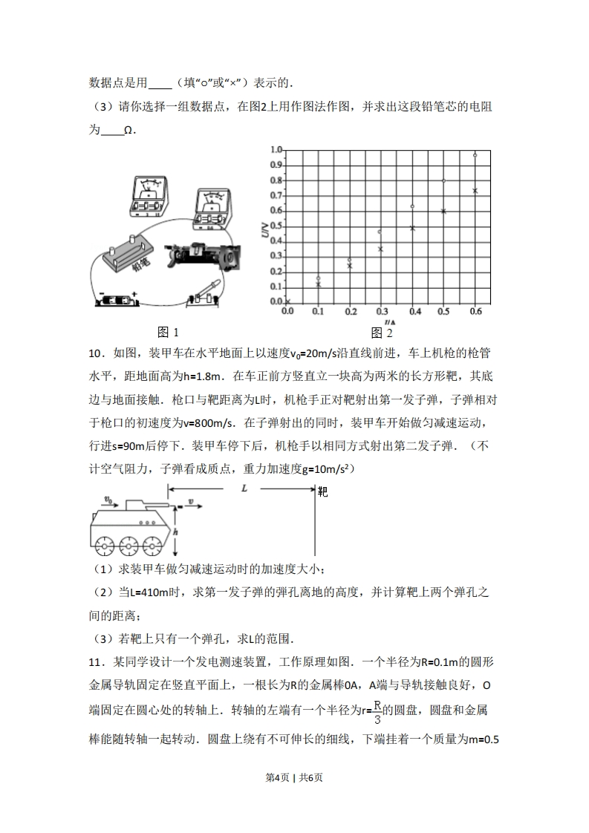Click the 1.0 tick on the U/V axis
point(276,150)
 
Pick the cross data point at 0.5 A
point(443,212)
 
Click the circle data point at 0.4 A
point(412,206)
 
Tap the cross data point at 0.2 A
point(350,266)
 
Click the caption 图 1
point(168,332)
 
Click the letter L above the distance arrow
point(244,488)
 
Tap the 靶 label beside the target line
point(322,491)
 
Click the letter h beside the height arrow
point(175,532)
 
